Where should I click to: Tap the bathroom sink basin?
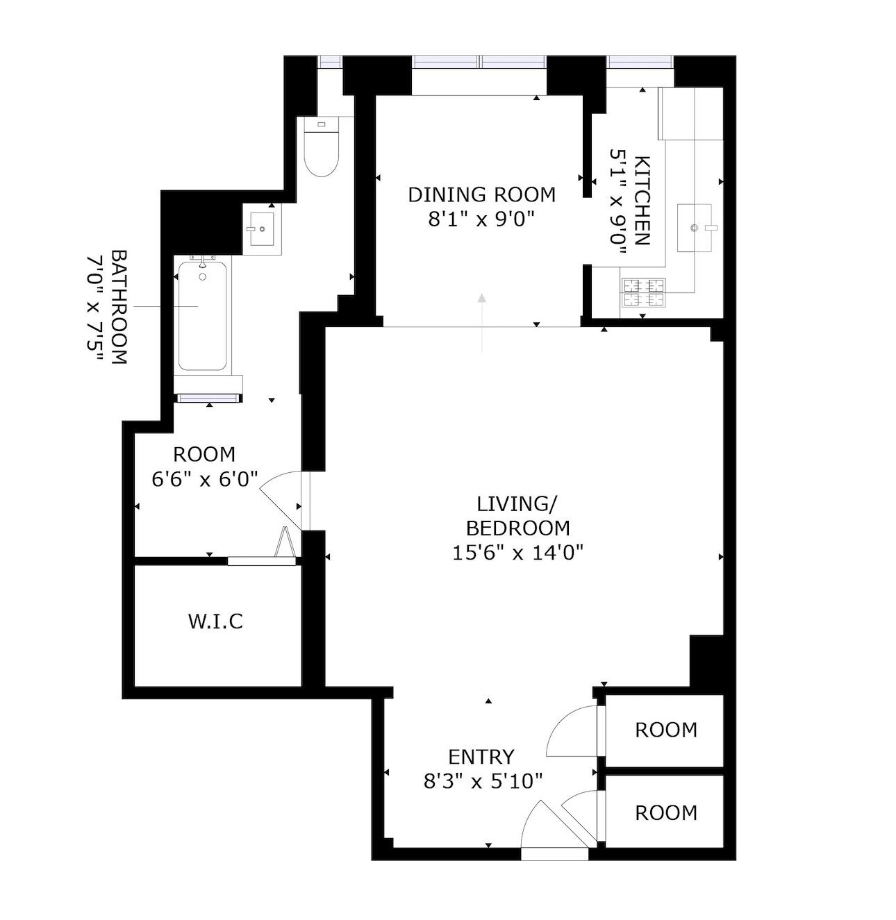262,229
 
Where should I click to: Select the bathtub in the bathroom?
202,315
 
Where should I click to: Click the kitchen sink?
695,228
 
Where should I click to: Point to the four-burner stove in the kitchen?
643,292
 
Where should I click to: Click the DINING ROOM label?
481,195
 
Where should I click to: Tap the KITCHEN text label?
641,201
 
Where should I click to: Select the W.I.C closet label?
215,621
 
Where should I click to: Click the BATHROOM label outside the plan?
119,308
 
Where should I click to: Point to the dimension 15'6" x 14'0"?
517,552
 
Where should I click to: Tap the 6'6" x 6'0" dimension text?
204,479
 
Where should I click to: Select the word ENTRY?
481,758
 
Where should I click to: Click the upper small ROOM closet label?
665,730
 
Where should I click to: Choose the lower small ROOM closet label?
665,812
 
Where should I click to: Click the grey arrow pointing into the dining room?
482,323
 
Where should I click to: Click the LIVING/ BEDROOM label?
517,517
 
